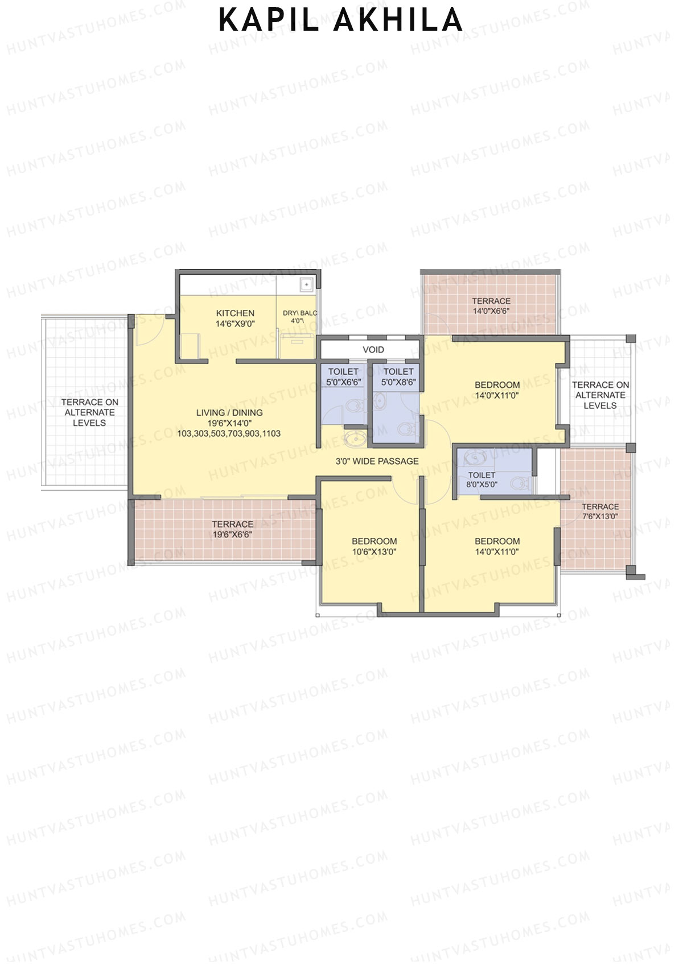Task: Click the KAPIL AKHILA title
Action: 340,20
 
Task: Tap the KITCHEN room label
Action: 235,313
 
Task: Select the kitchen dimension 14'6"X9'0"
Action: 235,324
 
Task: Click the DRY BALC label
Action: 299,313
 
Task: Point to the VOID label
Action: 373,350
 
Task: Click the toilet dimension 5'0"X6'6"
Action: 343,382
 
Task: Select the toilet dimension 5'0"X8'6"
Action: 398,382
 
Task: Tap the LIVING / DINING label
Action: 229,413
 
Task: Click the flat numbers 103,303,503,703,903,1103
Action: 229,433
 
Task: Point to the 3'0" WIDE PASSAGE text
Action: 377,461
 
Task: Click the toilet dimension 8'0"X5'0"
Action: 482,485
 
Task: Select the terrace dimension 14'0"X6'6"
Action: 491,311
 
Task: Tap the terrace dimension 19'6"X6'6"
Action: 232,535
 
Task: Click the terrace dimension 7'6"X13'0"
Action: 600,517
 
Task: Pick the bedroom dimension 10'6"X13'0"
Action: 374,552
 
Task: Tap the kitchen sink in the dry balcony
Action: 306,283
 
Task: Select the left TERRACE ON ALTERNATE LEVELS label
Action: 89,412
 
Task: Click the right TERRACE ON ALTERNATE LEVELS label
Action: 600,395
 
